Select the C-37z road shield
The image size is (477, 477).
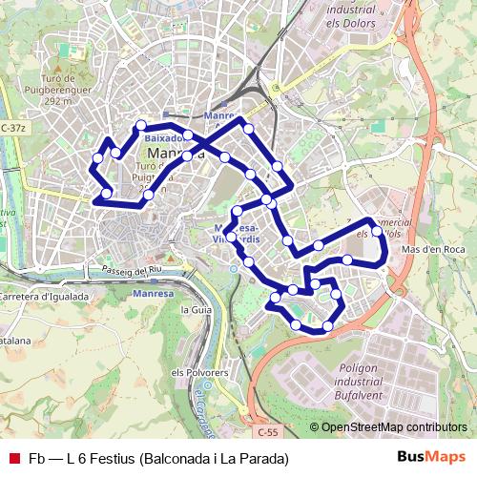coord(14,127)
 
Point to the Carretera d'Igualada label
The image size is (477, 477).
coord(45,296)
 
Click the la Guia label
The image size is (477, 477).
coord(195,310)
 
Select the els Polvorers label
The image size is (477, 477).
coord(198,372)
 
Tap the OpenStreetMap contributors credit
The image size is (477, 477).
coord(394,426)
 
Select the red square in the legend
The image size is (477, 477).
coord(12,459)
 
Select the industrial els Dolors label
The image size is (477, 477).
coord(364,14)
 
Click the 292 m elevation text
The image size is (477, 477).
coord(58,101)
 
